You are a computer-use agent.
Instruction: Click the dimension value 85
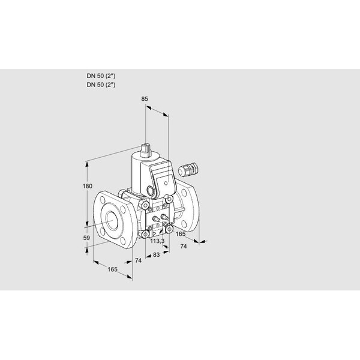(x=145, y=99)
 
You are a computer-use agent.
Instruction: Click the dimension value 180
(x=87, y=186)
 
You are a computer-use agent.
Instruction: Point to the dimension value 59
(x=86, y=238)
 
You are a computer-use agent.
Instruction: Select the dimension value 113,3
(x=157, y=241)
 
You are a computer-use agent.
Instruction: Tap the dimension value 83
(x=156, y=254)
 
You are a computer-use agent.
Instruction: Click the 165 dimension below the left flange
(x=113, y=269)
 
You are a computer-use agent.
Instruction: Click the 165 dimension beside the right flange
(x=181, y=234)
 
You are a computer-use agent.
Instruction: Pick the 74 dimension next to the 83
(x=138, y=260)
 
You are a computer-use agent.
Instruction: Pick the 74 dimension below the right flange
(x=184, y=247)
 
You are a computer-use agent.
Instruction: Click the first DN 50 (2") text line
(x=101, y=76)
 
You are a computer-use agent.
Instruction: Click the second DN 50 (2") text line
(x=101, y=85)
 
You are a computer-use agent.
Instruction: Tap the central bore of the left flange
(x=112, y=221)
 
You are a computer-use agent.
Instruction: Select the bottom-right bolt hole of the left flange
(x=123, y=241)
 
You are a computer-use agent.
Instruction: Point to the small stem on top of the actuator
(x=145, y=149)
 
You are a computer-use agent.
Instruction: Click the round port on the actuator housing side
(x=151, y=190)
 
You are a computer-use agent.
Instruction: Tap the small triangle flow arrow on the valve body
(x=155, y=234)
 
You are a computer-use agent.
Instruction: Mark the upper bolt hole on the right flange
(x=185, y=193)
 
